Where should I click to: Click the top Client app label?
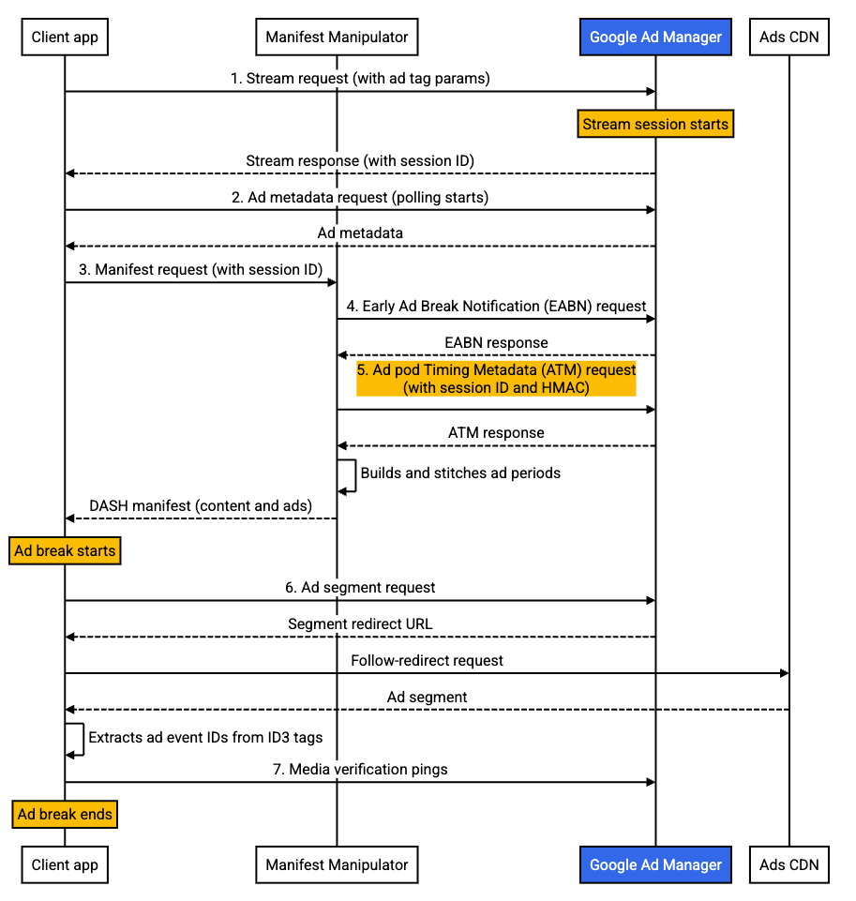click(x=65, y=38)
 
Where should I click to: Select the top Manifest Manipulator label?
click(x=337, y=38)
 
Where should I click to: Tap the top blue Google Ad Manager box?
click(x=655, y=38)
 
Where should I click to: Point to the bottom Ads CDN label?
click(x=788, y=864)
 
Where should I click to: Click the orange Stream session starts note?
click(x=654, y=124)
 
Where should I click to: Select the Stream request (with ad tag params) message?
click(x=360, y=79)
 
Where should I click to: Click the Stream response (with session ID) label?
click(x=360, y=160)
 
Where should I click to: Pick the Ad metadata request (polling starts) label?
click(x=360, y=197)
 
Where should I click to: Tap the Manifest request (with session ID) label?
click(x=201, y=270)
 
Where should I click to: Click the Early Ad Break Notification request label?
click(x=496, y=306)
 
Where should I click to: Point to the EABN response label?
click(x=496, y=342)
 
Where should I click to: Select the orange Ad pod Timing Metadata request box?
click(x=496, y=379)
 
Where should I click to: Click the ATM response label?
click(x=496, y=433)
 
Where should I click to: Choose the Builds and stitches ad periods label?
click(x=460, y=473)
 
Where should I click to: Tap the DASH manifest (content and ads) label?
click(x=201, y=506)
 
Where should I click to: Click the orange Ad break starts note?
click(x=65, y=550)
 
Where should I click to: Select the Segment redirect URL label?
click(x=360, y=624)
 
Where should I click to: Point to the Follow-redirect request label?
click(x=427, y=661)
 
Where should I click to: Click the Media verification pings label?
click(x=360, y=770)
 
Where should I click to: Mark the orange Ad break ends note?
click(x=65, y=814)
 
